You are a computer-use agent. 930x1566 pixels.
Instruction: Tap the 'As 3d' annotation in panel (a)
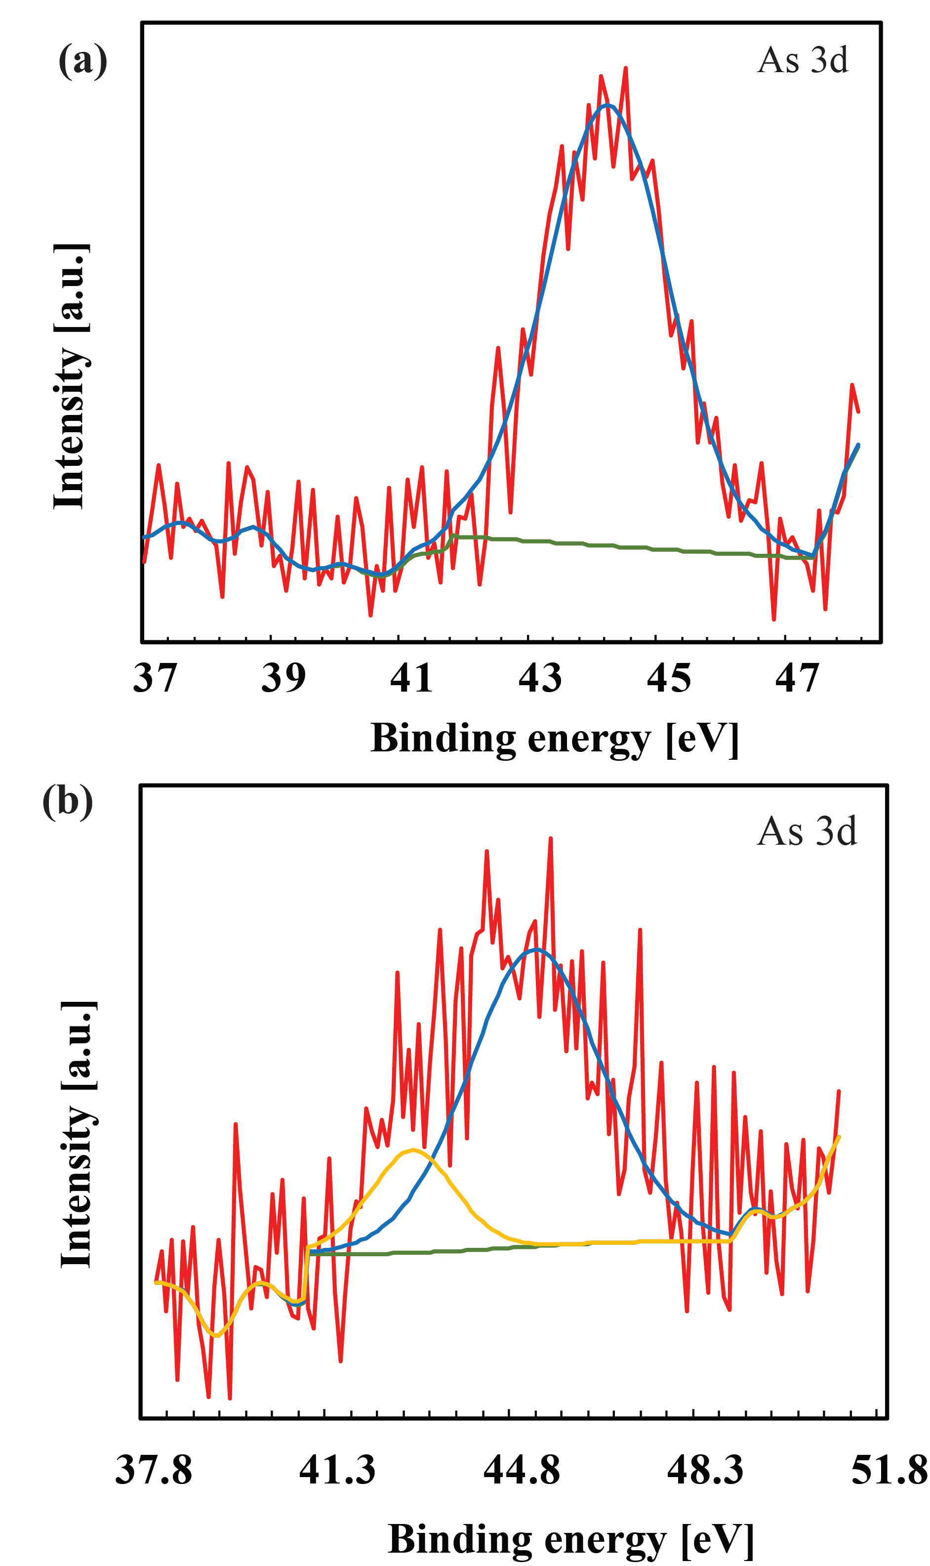click(802, 60)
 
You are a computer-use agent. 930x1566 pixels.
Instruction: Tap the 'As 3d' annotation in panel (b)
click(807, 831)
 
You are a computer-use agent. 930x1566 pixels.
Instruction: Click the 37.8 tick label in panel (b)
click(154, 1470)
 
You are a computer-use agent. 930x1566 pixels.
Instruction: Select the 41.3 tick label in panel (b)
click(337, 1470)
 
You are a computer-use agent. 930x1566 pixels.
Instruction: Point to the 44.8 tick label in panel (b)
click(522, 1470)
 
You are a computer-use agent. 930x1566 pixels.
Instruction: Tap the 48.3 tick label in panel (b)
click(705, 1470)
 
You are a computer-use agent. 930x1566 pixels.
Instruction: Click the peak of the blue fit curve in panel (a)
click(607, 105)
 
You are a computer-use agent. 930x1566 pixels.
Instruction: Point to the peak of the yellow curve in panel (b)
click(412, 1150)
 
